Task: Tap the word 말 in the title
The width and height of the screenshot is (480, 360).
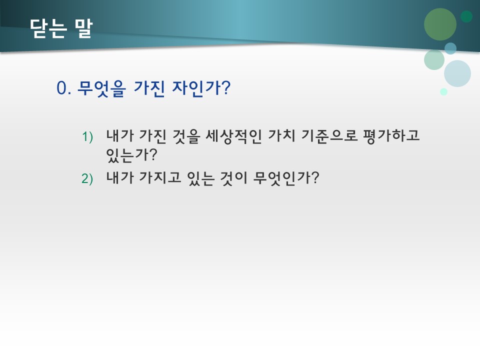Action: pos(82,28)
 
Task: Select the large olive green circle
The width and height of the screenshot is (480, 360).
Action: pos(440,24)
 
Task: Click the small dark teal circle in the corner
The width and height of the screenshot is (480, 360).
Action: pos(466,16)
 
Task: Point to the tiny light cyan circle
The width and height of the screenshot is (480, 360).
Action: pos(443,91)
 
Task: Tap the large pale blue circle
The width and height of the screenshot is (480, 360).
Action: pos(457,73)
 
